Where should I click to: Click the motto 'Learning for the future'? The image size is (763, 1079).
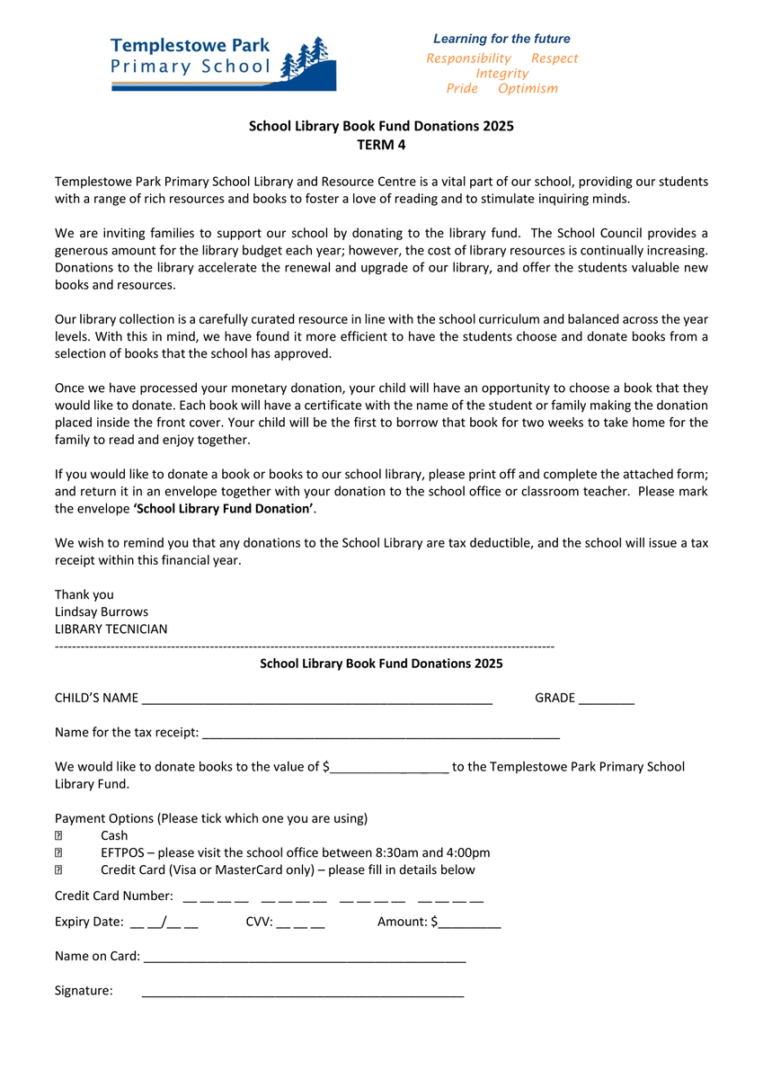click(x=501, y=39)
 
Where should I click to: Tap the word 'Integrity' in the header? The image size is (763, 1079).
click(x=502, y=74)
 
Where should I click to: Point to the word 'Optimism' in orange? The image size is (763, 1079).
click(x=528, y=89)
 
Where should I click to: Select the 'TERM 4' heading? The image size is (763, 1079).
click(x=381, y=144)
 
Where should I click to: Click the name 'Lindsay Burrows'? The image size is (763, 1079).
click(x=102, y=611)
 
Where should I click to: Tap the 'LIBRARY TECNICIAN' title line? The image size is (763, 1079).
click(x=111, y=629)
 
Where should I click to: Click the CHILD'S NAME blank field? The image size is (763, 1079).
click(x=316, y=700)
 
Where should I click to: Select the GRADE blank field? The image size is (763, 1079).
click(x=607, y=700)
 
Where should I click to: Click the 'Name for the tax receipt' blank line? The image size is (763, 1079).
click(x=381, y=734)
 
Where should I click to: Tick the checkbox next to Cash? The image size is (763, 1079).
click(x=58, y=835)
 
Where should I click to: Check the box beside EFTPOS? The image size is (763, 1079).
click(x=58, y=852)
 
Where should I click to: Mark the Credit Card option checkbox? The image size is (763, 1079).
click(x=58, y=869)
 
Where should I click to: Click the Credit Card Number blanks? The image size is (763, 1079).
click(x=333, y=897)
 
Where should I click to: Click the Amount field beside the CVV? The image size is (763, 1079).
click(x=469, y=923)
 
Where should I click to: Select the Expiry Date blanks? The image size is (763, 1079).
click(x=164, y=923)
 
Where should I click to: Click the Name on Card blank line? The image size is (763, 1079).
click(x=304, y=958)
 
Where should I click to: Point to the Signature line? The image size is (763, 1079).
click(x=303, y=992)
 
